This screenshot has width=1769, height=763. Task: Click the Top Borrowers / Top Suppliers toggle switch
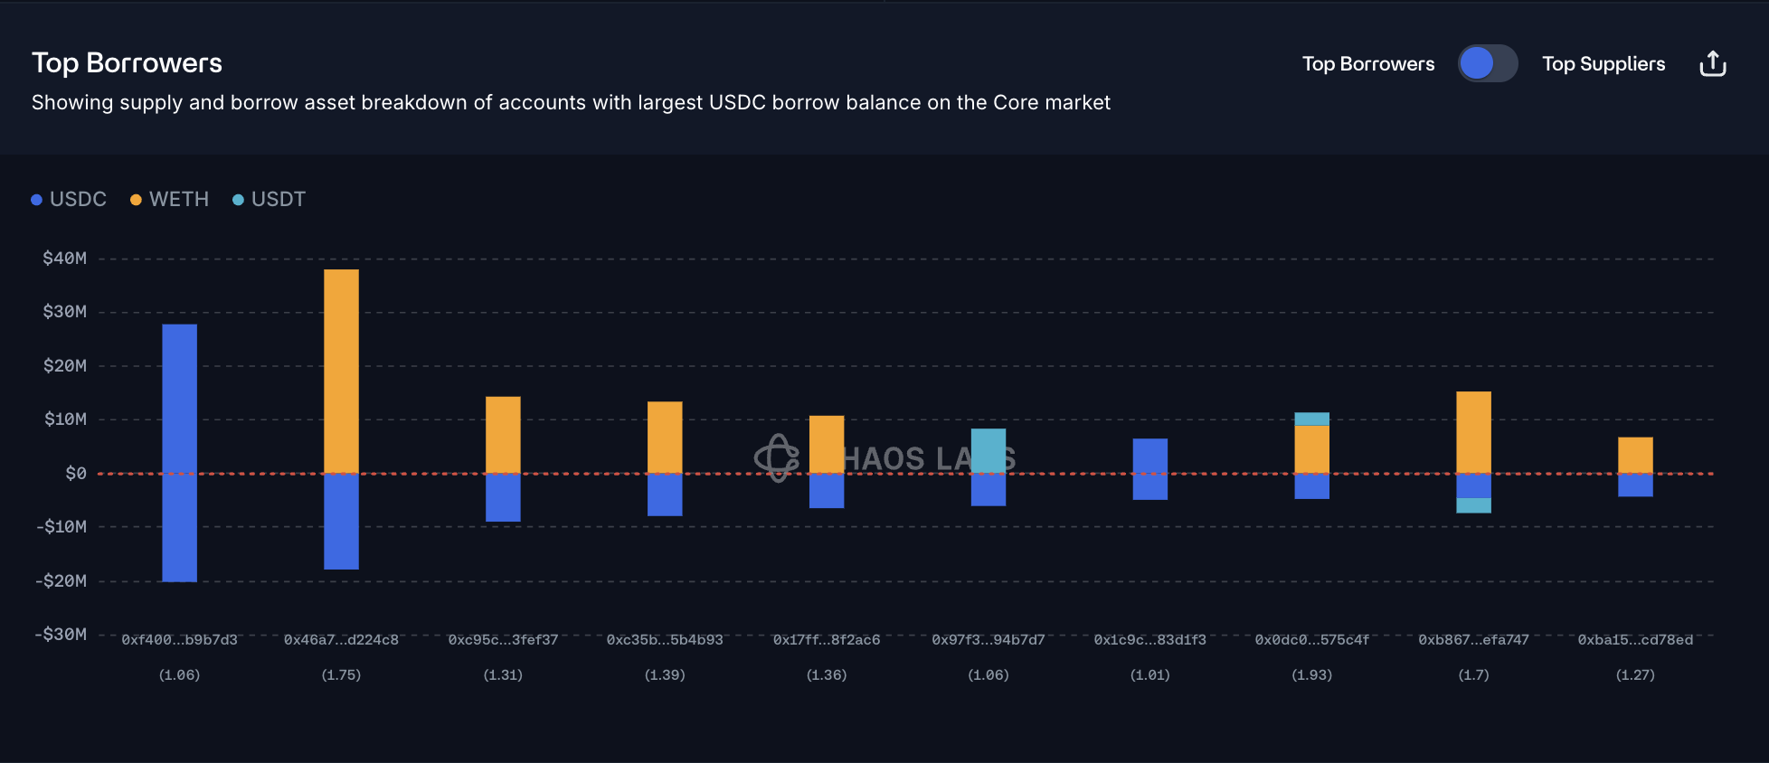1487,63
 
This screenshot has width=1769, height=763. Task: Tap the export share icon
1712,63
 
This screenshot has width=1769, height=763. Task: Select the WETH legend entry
170,199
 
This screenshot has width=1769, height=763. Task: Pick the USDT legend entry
270,199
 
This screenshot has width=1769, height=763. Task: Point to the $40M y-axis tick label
65,259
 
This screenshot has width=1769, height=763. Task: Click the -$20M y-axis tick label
61,580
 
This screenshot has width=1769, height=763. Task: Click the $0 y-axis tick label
76,473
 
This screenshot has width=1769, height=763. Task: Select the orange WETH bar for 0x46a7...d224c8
341,371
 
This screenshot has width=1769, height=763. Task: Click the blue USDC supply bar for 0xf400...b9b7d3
179,398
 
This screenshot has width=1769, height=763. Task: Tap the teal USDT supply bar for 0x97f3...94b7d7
988,450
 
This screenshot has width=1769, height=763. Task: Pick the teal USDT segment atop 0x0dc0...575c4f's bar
1311,419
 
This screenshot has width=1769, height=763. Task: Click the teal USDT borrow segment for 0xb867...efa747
1473,505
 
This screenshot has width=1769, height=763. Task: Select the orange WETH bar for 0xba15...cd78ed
1635,455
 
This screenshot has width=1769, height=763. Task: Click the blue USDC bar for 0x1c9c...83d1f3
1149,468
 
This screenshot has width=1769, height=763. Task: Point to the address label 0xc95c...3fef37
503,640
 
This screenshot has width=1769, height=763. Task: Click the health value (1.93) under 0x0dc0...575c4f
1311,675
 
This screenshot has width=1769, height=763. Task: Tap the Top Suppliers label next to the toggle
1603,63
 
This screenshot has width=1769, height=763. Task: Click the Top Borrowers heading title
127,62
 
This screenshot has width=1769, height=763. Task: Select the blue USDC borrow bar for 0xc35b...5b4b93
665,495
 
